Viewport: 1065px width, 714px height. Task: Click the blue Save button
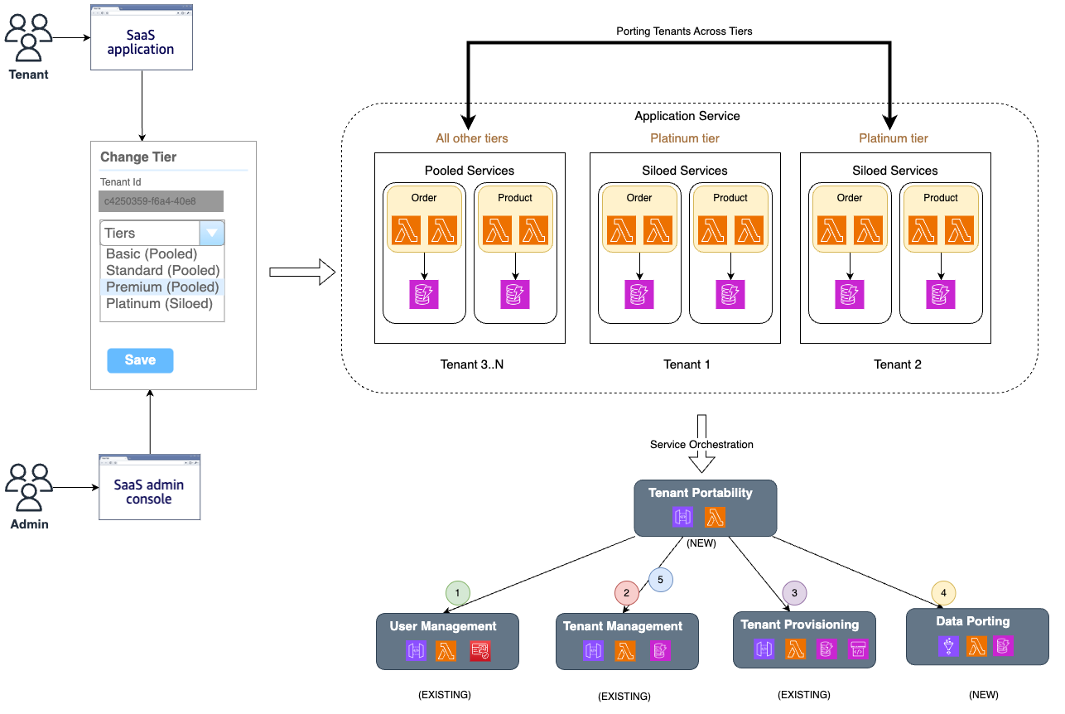click(140, 360)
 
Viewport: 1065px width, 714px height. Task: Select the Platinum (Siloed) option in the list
click(159, 303)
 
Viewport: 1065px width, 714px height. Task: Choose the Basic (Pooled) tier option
click(151, 253)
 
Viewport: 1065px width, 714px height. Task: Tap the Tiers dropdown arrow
click(212, 234)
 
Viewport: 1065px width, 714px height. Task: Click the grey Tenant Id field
click(161, 201)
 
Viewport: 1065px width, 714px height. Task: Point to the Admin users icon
click(28, 489)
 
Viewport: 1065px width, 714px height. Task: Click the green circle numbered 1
click(457, 592)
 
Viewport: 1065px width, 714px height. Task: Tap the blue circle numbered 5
click(660, 579)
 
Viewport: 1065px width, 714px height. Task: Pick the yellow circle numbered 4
click(943, 592)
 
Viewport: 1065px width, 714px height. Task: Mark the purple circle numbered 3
click(794, 592)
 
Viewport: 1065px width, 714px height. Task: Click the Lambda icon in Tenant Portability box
click(716, 518)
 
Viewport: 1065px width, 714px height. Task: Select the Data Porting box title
click(972, 621)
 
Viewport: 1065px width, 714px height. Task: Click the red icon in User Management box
click(479, 651)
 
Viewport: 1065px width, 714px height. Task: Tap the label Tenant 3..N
click(470, 364)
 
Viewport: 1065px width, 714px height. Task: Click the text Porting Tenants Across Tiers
click(684, 31)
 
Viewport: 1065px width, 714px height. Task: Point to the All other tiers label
click(472, 138)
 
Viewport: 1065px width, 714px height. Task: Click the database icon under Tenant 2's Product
click(940, 294)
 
